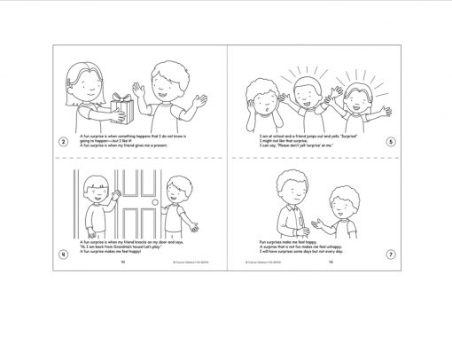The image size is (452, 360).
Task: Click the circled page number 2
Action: click(x=63, y=140)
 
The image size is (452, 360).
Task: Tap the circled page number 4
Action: click(x=63, y=254)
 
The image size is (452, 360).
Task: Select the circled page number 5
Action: click(x=391, y=140)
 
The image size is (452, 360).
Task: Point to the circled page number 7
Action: click(x=391, y=254)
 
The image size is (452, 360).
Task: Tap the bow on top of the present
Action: click(x=123, y=90)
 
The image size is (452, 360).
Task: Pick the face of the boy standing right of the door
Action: click(x=175, y=196)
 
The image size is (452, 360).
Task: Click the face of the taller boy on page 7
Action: click(x=288, y=189)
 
